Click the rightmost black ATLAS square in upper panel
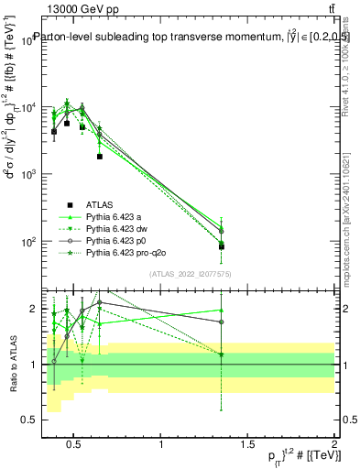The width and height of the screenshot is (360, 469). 222,246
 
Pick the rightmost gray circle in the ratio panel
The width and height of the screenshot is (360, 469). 222,322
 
